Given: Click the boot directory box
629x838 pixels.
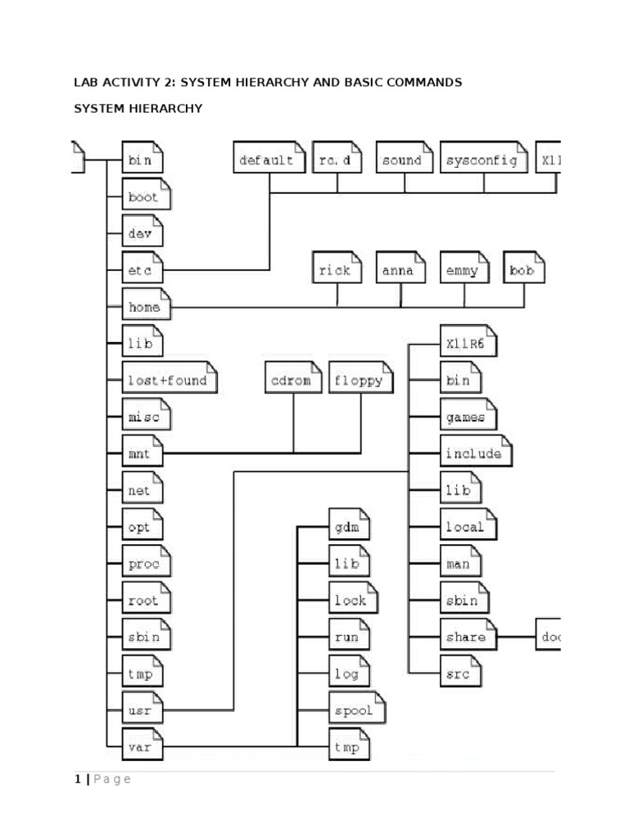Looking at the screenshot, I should click(143, 197).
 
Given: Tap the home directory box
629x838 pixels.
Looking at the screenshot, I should click(146, 308).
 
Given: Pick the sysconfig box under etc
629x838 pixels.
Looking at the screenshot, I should click(482, 160).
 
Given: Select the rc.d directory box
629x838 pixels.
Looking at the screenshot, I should click(336, 160).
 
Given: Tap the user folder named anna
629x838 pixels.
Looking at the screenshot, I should click(400, 269).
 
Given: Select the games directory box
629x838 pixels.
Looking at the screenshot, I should click(466, 417).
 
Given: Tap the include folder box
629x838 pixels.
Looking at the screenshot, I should click(476, 453).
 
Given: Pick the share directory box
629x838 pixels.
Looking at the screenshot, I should click(468, 637).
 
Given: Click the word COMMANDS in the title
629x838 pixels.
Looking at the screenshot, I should click(419, 82).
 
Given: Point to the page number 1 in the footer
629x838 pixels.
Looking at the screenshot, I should click(78, 779).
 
